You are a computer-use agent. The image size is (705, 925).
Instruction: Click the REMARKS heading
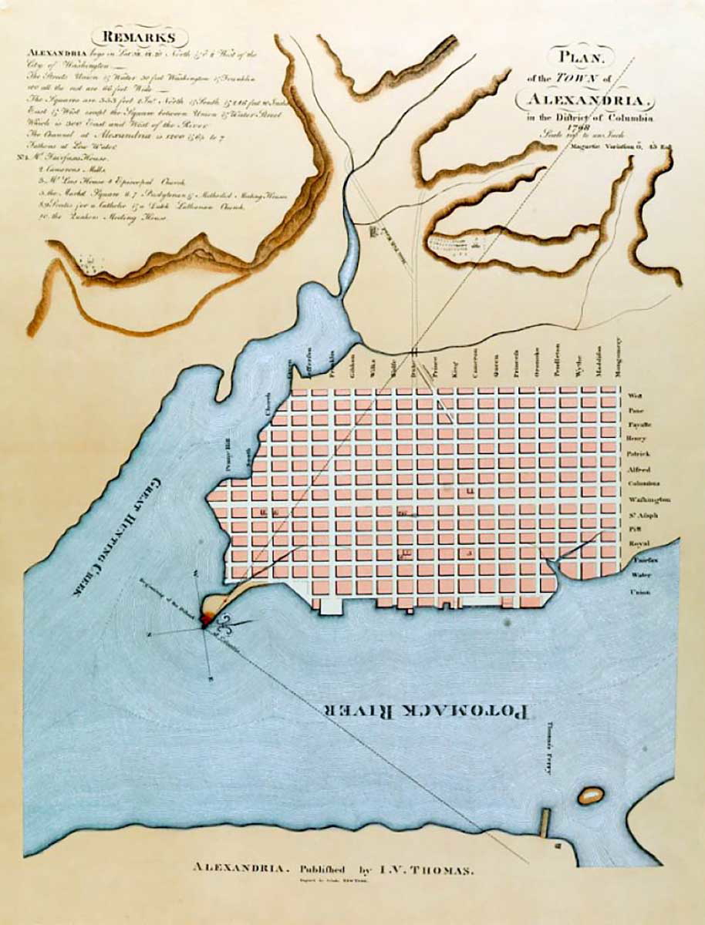click(x=140, y=38)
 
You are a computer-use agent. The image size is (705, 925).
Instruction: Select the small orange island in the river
click(x=591, y=795)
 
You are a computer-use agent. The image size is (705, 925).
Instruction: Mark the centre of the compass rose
click(x=204, y=627)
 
